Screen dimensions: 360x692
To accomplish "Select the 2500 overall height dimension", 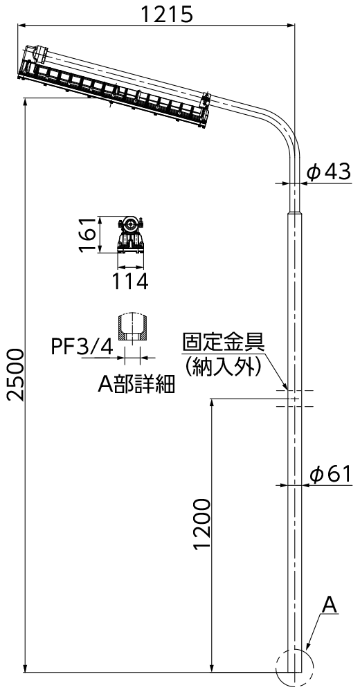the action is tap(15, 374).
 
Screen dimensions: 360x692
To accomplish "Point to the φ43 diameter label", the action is tap(329, 172).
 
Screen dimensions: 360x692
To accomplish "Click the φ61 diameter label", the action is tap(331, 475).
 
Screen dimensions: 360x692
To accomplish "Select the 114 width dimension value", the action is tap(129, 282).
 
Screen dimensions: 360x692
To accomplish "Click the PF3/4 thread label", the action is tap(82, 347).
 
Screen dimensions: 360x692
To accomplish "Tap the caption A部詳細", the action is tap(136, 384).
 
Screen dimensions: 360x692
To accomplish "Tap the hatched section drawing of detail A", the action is tap(132, 327).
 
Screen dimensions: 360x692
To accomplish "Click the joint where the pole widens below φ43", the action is tap(295, 213).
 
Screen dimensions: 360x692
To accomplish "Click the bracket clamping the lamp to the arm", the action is tap(205, 100).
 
